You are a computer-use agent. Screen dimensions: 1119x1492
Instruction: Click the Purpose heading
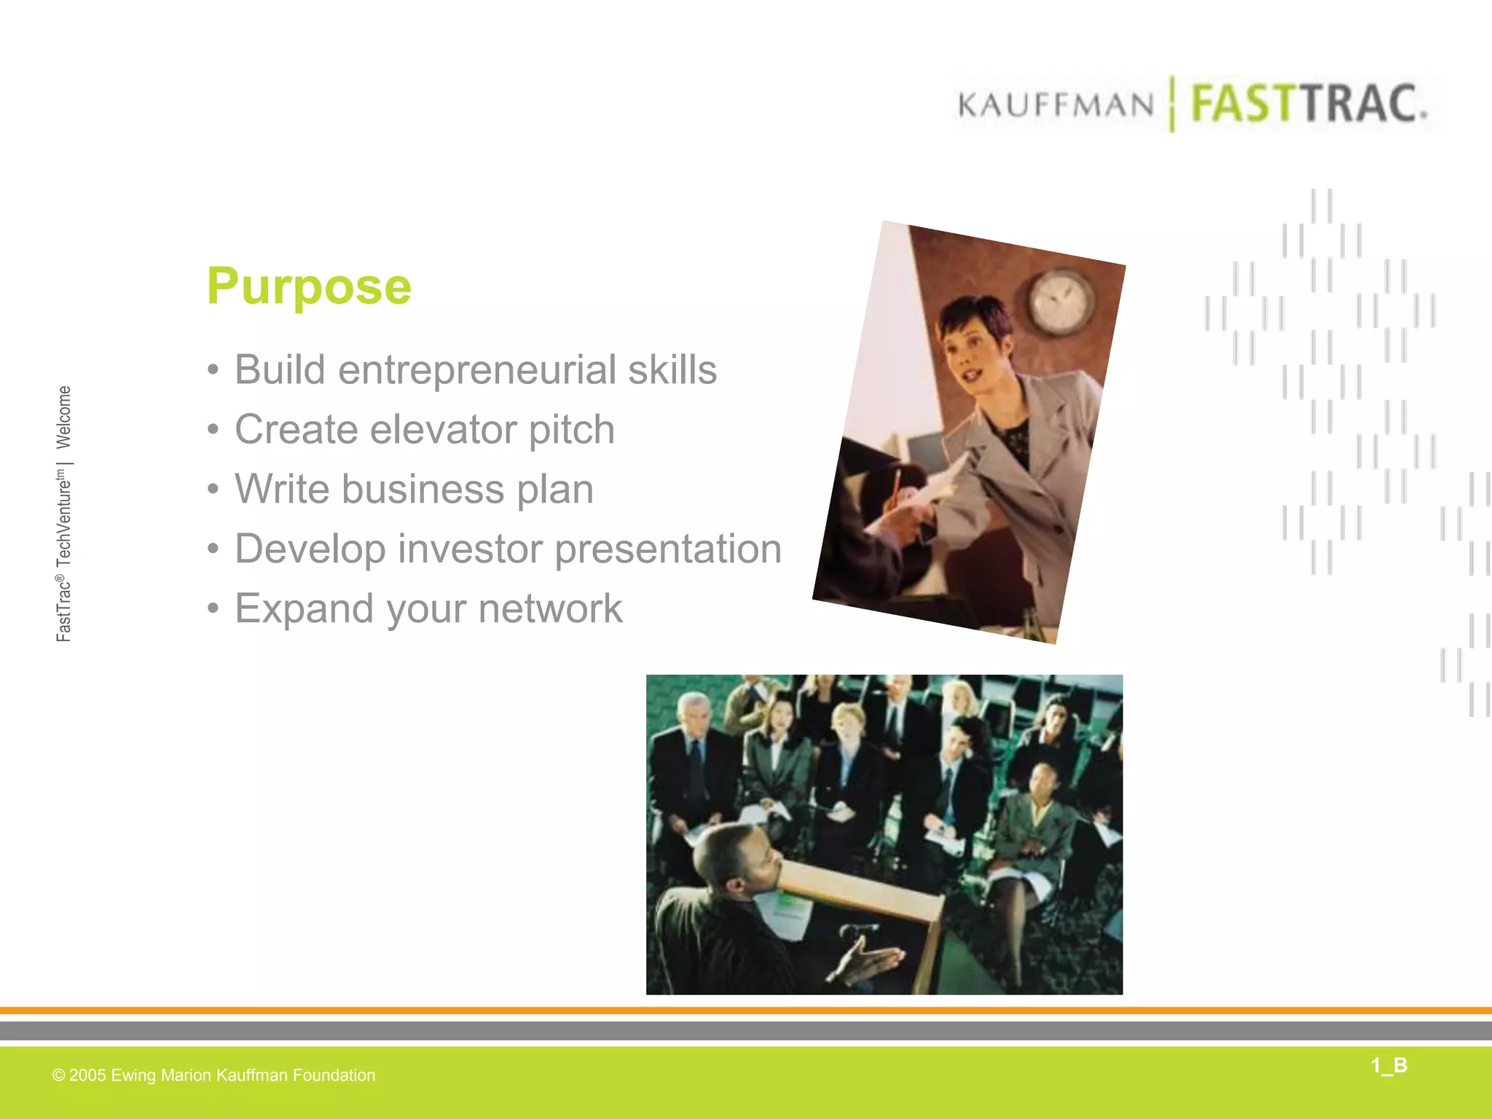(x=309, y=286)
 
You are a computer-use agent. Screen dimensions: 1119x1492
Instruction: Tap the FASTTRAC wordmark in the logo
(x=1308, y=104)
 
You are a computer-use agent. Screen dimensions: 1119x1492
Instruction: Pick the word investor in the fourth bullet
(x=470, y=549)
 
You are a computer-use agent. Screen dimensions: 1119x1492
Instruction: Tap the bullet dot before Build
(x=213, y=370)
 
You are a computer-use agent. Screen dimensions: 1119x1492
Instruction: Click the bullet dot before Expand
(x=213, y=608)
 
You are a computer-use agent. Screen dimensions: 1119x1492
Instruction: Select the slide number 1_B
(x=1389, y=1066)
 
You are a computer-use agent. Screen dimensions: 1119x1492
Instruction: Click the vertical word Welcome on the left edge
(x=64, y=417)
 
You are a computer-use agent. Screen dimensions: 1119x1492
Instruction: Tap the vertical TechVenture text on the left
(x=64, y=518)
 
